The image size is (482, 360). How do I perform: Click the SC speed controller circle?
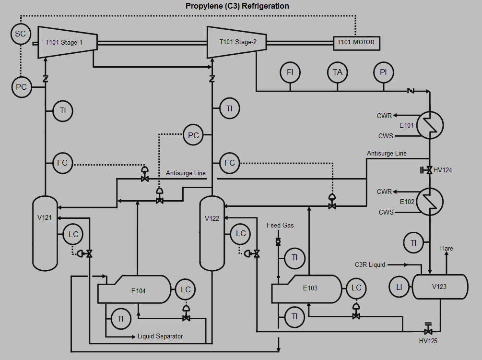pyautogui.click(x=21, y=34)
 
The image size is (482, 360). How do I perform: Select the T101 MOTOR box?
pyautogui.click(x=356, y=42)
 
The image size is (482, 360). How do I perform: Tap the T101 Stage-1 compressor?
pyautogui.click(x=67, y=42)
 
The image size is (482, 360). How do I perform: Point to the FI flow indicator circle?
pyautogui.click(x=290, y=72)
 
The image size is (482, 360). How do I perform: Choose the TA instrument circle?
pyautogui.click(x=337, y=72)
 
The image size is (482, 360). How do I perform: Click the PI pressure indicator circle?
pyautogui.click(x=383, y=72)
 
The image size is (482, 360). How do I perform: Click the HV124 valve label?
pyautogui.click(x=442, y=170)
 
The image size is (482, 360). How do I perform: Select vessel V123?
pyautogui.click(x=440, y=287)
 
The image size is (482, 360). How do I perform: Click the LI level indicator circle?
pyautogui.click(x=399, y=287)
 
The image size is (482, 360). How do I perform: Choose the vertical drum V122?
pyautogui.click(x=212, y=233)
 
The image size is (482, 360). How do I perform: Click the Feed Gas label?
pyautogui.click(x=280, y=225)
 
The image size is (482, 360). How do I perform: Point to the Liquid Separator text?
pyautogui.click(x=160, y=336)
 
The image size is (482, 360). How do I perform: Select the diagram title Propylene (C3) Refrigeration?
pyautogui.click(x=237, y=6)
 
